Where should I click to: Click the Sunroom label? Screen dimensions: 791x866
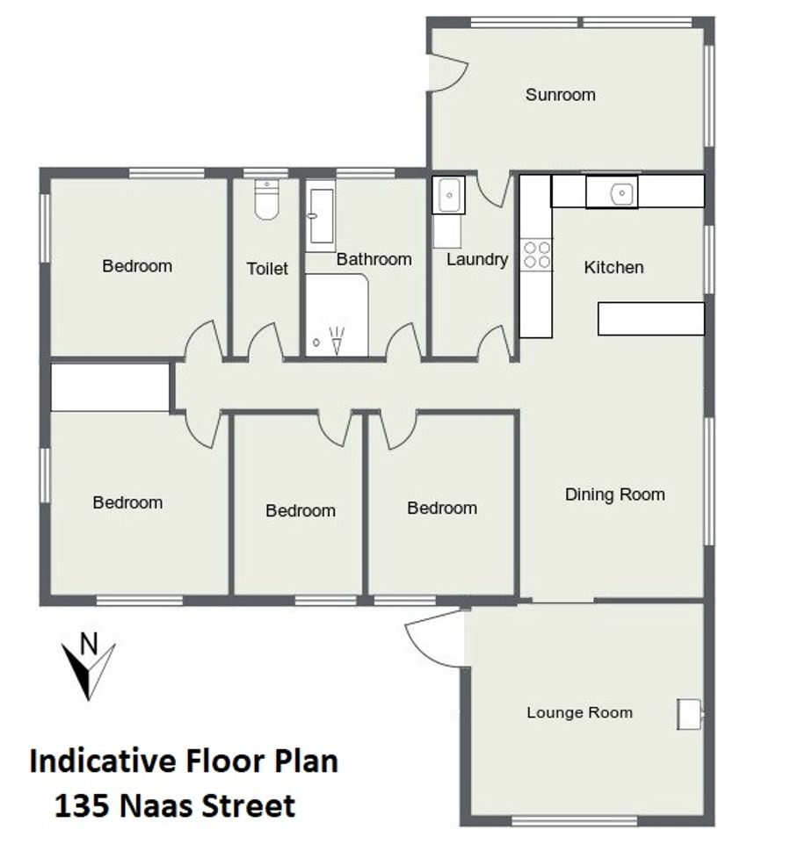point(560,95)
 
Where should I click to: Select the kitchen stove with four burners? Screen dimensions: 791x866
point(537,255)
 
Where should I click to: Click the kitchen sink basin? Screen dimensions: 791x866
point(621,193)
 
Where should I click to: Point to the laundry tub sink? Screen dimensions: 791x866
point(448,195)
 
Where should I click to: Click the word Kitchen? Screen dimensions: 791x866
point(613,267)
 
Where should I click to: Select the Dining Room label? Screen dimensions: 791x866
point(614,494)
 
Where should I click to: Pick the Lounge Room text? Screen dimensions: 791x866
point(579,712)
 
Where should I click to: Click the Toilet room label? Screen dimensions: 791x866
point(267,269)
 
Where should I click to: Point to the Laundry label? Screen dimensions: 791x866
point(477,260)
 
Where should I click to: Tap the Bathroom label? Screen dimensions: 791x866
point(374,259)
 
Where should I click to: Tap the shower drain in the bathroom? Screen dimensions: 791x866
point(316,343)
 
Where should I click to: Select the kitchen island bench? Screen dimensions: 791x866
point(651,318)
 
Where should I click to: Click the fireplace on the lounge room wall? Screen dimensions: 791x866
point(689,714)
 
